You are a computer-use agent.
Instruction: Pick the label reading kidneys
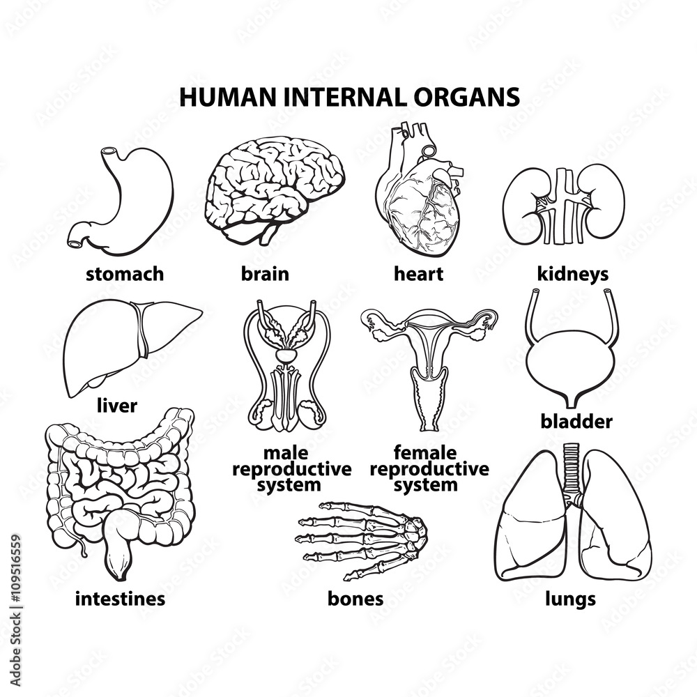(572, 274)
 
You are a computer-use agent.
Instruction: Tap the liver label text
(116, 406)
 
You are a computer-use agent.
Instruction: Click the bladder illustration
(572, 362)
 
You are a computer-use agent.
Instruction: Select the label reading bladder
(576, 422)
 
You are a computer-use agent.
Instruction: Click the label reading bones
(355, 598)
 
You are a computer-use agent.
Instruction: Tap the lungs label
(570, 598)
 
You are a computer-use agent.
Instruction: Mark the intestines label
(120, 598)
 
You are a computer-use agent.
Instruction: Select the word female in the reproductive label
(425, 454)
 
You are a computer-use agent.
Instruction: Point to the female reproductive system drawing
(429, 362)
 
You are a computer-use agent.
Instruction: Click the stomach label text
(125, 274)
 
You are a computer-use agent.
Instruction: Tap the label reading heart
(418, 274)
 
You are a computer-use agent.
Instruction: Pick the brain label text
(265, 274)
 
